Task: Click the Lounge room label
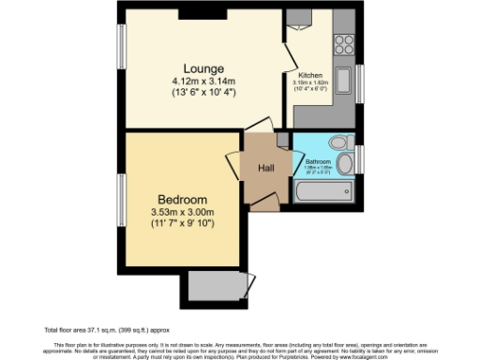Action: pyautogui.click(x=203, y=68)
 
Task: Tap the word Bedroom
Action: pyautogui.click(x=182, y=200)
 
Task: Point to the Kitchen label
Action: pyautogui.click(x=310, y=75)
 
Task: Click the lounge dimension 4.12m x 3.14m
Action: pyautogui.click(x=203, y=81)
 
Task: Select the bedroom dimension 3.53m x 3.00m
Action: pyautogui.click(x=182, y=212)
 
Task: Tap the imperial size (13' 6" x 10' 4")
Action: pyautogui.click(x=203, y=92)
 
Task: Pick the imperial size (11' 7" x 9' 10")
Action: pyautogui.click(x=182, y=224)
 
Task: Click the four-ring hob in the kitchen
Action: pyautogui.click(x=342, y=43)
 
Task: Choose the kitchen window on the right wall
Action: pyautogui.click(x=359, y=83)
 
